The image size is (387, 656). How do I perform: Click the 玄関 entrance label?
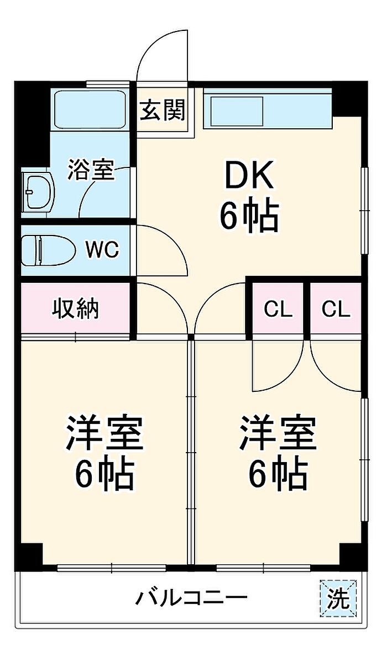(x=163, y=111)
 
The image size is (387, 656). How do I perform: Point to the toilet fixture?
(x=48, y=250)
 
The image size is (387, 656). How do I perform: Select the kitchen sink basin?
(x=237, y=111)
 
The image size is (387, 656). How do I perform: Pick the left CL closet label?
(x=278, y=309)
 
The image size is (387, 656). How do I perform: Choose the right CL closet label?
(x=336, y=309)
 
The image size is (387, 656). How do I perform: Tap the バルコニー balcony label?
(x=191, y=597)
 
